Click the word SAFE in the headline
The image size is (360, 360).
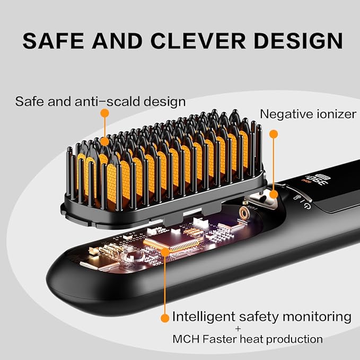pos(54,41)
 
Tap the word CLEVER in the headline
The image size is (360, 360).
pos(198,41)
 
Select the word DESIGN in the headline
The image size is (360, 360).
pos(298,41)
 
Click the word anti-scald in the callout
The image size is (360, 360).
pos(108,101)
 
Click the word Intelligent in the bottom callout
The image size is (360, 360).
pos(204,317)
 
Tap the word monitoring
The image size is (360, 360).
pos(317,317)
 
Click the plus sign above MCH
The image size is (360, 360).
pos(238,329)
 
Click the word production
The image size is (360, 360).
pos(294,339)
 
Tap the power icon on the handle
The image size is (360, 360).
pos(308,206)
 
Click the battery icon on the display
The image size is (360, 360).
pos(322,177)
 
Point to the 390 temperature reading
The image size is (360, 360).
pos(317,182)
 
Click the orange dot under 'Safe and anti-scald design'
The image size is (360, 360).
pos(104,113)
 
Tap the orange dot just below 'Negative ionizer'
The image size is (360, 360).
pos(274,134)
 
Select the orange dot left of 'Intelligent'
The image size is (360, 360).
pos(165,318)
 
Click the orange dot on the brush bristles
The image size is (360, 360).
pos(104,142)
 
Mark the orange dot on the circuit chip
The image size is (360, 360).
pos(165,252)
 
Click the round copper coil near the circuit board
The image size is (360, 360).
pos(245,213)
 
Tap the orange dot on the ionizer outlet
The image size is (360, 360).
pos(274,194)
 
